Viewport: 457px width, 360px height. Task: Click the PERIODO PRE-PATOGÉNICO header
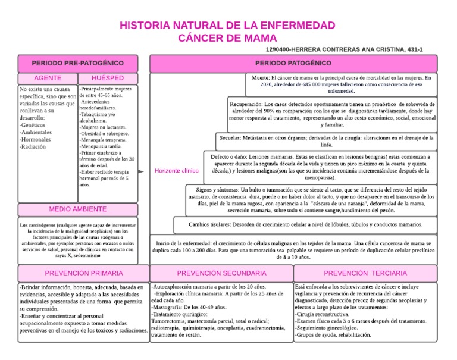(x=78, y=62)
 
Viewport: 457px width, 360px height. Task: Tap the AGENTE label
(x=48, y=79)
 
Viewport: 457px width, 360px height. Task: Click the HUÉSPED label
(x=108, y=79)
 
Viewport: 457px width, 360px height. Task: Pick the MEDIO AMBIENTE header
(x=78, y=209)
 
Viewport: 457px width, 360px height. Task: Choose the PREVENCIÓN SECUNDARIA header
(x=221, y=273)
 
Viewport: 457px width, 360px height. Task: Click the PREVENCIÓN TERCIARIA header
(x=366, y=273)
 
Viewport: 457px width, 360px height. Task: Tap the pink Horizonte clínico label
(x=176, y=171)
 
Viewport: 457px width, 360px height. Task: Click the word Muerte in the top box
(x=260, y=78)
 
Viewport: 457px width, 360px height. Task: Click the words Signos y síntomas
(x=212, y=189)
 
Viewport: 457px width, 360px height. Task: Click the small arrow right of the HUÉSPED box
(x=141, y=171)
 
